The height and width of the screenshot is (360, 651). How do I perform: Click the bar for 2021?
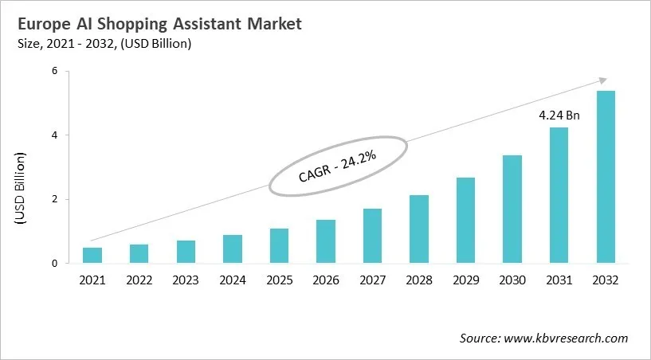[x=92, y=255]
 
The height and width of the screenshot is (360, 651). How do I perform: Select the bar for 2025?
[x=279, y=245]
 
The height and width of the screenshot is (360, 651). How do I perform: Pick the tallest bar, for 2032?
[x=606, y=177]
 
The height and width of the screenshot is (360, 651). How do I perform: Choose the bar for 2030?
[x=512, y=209]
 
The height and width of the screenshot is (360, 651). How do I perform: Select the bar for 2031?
[x=559, y=195]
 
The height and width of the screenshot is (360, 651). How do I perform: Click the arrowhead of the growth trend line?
[x=603, y=80]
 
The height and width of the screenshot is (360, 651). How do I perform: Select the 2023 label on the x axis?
[x=186, y=280]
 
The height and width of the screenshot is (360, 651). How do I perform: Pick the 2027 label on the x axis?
[x=372, y=280]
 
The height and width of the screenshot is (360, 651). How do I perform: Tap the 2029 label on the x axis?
[x=466, y=280]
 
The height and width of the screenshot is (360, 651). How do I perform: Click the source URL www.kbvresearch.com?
[x=566, y=338]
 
